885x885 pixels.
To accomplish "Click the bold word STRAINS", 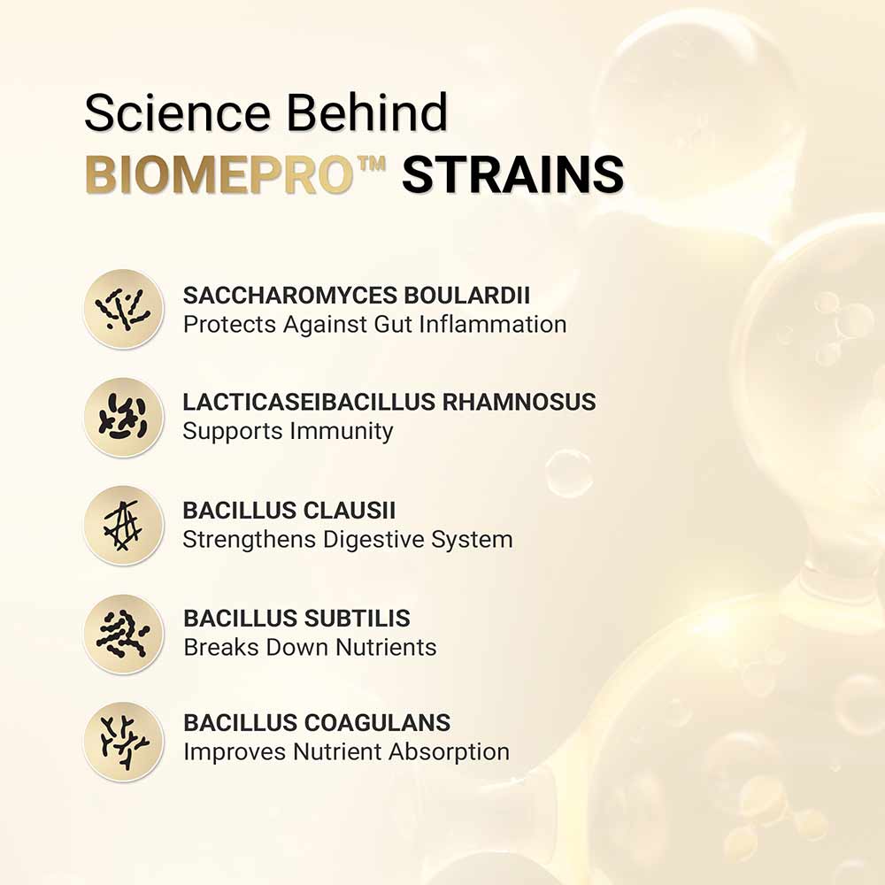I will click(513, 174).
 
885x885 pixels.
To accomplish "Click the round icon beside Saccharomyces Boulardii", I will click(124, 309).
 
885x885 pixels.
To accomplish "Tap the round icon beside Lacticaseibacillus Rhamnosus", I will click(124, 417).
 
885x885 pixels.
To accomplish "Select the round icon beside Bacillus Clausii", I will click(124, 525).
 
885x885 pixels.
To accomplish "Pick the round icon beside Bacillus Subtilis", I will click(124, 633).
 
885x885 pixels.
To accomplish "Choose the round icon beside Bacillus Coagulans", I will click(124, 740).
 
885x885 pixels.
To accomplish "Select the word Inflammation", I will click(493, 324).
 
